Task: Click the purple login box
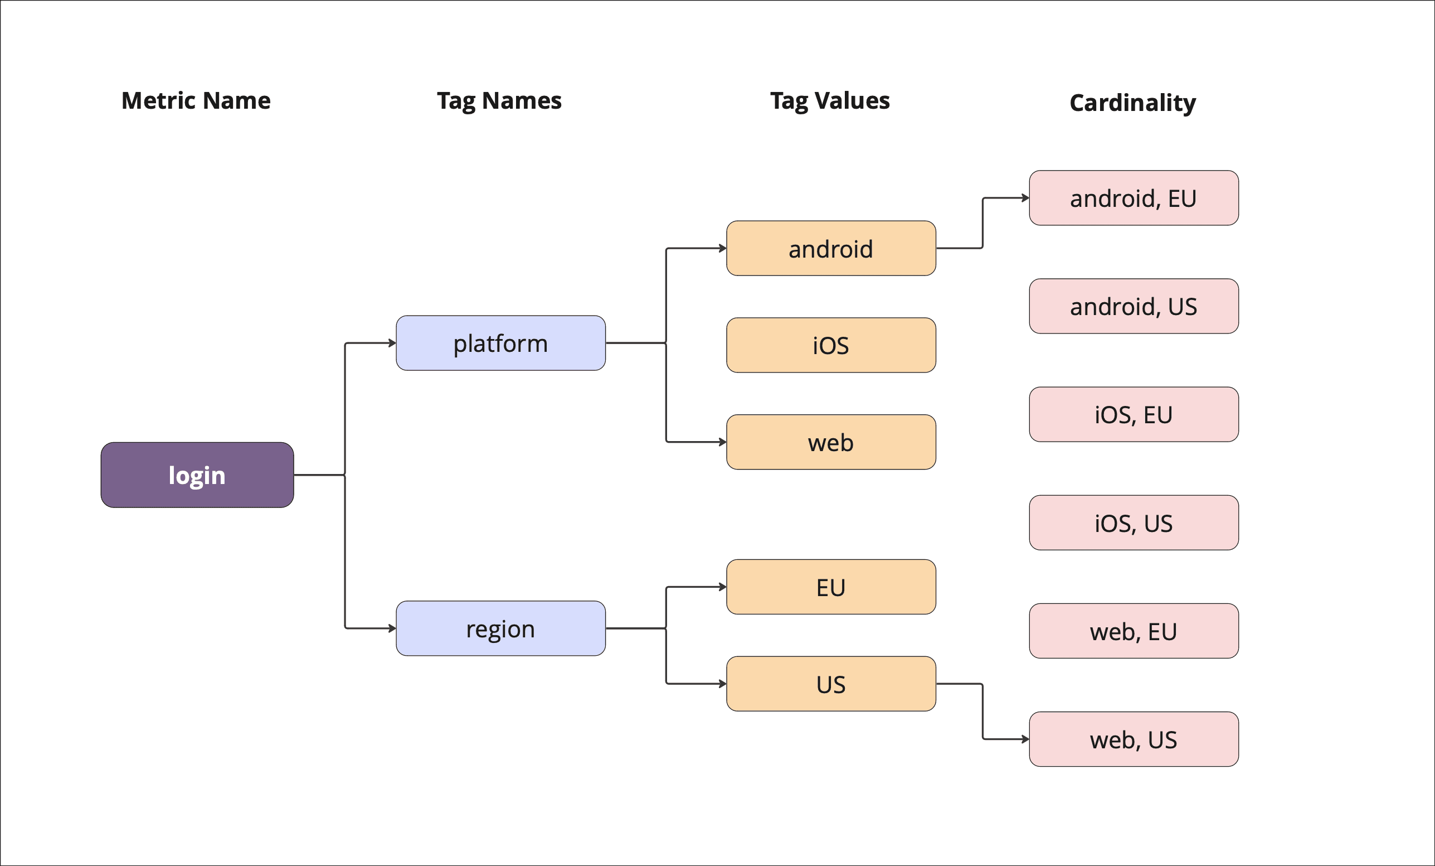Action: coord(197,475)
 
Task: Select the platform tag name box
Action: coord(500,344)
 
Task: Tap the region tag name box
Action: coord(500,628)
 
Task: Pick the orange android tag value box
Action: coord(830,248)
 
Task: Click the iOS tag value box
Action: coord(830,345)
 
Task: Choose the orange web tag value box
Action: coord(830,442)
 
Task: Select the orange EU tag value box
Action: coord(830,587)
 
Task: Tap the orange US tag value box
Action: coord(830,684)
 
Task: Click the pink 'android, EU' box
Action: coord(1134,198)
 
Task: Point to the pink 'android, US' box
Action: coord(1134,306)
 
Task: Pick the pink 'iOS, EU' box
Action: coord(1134,414)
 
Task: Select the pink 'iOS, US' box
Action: coord(1134,522)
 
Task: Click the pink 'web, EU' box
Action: coord(1134,631)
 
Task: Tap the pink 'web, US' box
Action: coord(1134,739)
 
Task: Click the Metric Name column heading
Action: coord(196,101)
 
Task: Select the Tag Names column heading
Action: coord(499,101)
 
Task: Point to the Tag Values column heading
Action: coord(830,101)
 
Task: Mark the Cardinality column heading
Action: coord(1133,103)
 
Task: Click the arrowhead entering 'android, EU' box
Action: coord(1025,198)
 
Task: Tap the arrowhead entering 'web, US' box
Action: coord(1025,739)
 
